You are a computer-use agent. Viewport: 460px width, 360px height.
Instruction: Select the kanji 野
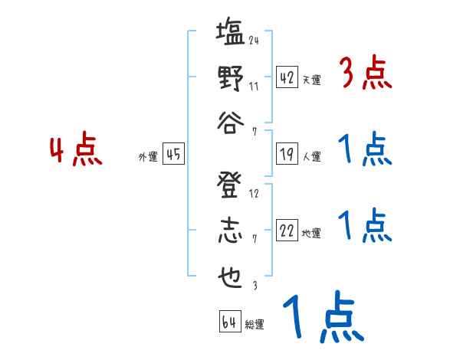point(229,79)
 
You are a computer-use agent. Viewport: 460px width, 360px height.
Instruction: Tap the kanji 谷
point(229,123)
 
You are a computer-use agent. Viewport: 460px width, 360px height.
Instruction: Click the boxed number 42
point(287,77)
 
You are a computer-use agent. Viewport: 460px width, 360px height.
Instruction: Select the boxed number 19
point(287,154)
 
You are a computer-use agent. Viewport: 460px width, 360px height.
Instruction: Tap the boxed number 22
point(287,231)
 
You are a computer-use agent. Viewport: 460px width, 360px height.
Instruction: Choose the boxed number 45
point(173,154)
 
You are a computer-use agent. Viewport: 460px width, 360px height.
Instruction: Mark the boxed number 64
point(229,321)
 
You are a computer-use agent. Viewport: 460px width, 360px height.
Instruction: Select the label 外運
point(148,157)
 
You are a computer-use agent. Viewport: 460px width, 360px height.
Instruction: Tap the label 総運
point(255,324)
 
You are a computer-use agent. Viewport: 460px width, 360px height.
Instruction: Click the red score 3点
point(364,76)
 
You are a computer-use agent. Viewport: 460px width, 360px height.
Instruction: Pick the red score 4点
point(75,151)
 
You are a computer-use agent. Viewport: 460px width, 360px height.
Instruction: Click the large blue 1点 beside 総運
point(323,319)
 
